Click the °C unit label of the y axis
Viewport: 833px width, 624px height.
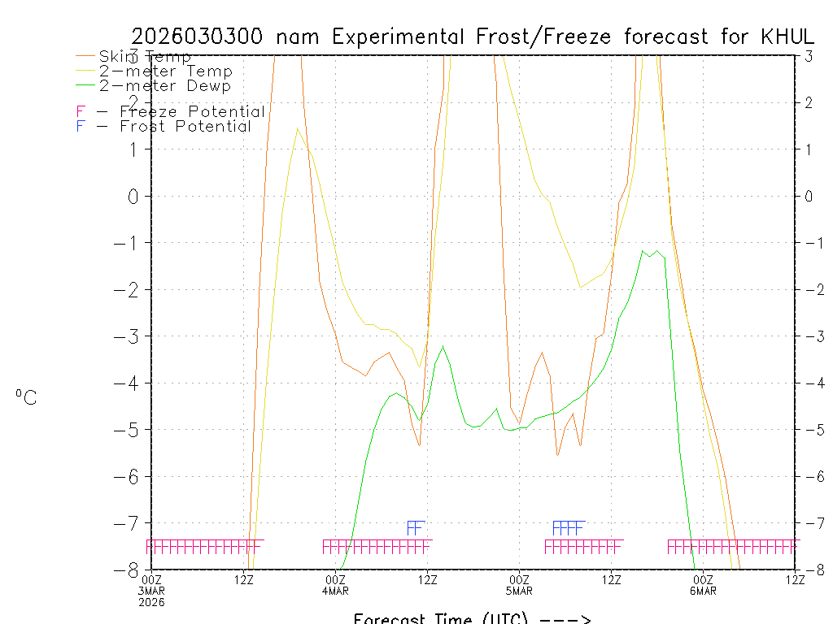tap(26, 398)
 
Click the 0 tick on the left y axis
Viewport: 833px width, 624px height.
tap(135, 197)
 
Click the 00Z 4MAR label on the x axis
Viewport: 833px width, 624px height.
tap(336, 585)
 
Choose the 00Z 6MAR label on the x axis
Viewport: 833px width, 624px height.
tap(703, 585)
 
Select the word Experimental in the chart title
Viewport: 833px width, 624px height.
tap(398, 37)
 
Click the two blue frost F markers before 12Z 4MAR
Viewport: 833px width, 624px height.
tap(416, 528)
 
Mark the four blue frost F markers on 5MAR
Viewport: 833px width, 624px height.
tap(568, 528)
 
